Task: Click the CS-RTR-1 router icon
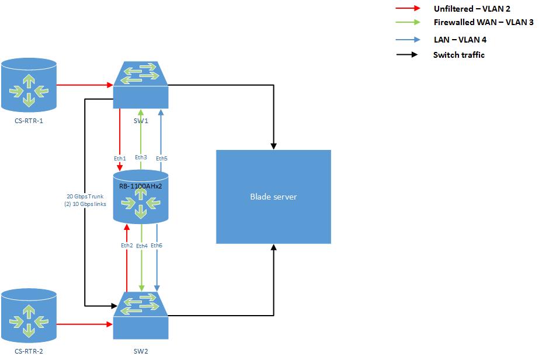(29, 85)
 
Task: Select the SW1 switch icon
(141, 85)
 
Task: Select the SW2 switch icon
(141, 316)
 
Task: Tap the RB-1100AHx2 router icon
(140, 198)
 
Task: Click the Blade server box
(273, 197)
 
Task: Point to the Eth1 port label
(120, 158)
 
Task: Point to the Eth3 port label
(141, 158)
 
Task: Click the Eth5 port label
(162, 158)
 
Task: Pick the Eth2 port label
(127, 246)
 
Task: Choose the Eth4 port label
(141, 246)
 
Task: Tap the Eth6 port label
(157, 246)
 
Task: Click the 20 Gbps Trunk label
(86, 196)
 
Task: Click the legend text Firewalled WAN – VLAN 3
(483, 22)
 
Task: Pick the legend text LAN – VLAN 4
(460, 40)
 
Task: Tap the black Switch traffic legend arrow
(406, 55)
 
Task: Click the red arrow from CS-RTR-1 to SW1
(84, 85)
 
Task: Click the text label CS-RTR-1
(29, 122)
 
